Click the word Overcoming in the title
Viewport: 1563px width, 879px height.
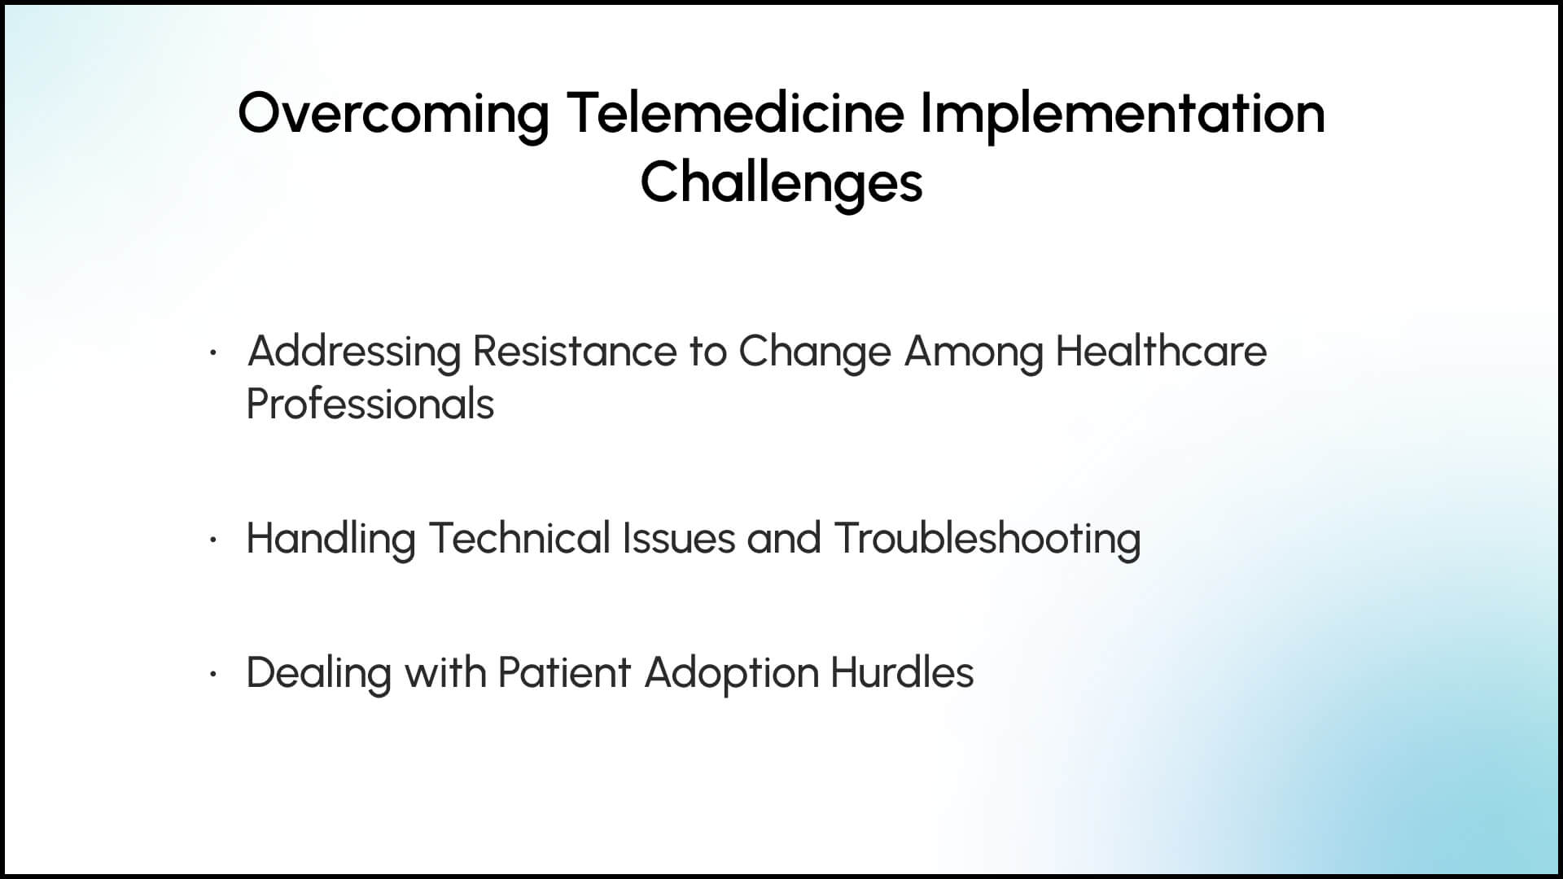click(x=394, y=115)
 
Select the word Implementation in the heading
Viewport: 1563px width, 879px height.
click(x=1123, y=115)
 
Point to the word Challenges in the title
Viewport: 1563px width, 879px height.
click(x=781, y=184)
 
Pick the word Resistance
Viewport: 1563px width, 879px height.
click(x=575, y=352)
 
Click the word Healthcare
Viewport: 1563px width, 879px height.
click(x=1162, y=351)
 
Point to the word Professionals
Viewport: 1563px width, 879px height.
click(x=370, y=403)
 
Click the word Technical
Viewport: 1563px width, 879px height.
click(x=519, y=538)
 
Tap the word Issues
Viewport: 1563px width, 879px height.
click(x=679, y=538)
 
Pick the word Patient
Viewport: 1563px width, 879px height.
click(x=564, y=672)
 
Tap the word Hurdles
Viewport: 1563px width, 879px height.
click(x=902, y=672)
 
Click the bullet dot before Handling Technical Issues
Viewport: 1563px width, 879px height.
click(x=212, y=540)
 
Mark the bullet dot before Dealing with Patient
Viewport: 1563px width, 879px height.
click(x=212, y=674)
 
